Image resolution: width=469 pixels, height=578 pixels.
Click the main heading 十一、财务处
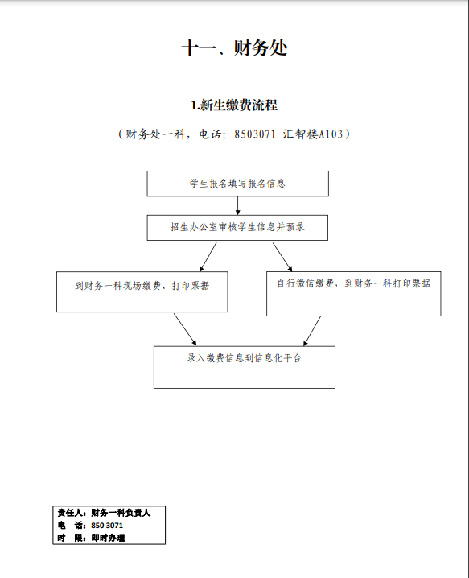[234, 48]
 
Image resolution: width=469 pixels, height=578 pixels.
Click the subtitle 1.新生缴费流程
[234, 105]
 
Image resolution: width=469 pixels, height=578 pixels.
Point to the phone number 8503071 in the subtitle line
[255, 134]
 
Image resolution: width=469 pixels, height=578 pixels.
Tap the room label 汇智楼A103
[313, 134]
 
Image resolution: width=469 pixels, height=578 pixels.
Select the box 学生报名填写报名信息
[237, 184]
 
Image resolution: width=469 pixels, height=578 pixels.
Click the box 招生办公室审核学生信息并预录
[237, 228]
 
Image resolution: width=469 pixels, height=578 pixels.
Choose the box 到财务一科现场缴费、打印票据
[142, 292]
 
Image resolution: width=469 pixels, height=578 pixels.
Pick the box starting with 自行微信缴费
[354, 294]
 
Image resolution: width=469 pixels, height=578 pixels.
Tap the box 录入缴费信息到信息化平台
[245, 367]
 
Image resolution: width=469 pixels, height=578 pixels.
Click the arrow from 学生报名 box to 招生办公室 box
[237, 206]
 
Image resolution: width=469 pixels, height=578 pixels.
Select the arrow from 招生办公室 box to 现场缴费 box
[208, 257]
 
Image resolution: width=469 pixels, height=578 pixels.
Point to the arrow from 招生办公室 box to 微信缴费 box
[282, 257]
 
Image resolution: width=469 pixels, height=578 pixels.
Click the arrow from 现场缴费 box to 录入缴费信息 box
[185, 329]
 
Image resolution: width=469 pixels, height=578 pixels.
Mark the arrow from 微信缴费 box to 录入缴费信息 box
[312, 331]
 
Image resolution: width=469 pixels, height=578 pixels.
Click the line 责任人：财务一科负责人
[104, 513]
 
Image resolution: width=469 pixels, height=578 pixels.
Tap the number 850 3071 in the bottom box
[107, 526]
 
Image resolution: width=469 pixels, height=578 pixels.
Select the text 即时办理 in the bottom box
[108, 538]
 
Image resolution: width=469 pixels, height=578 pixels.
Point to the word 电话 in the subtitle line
[209, 134]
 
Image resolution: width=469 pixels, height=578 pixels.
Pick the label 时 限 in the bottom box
[70, 538]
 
